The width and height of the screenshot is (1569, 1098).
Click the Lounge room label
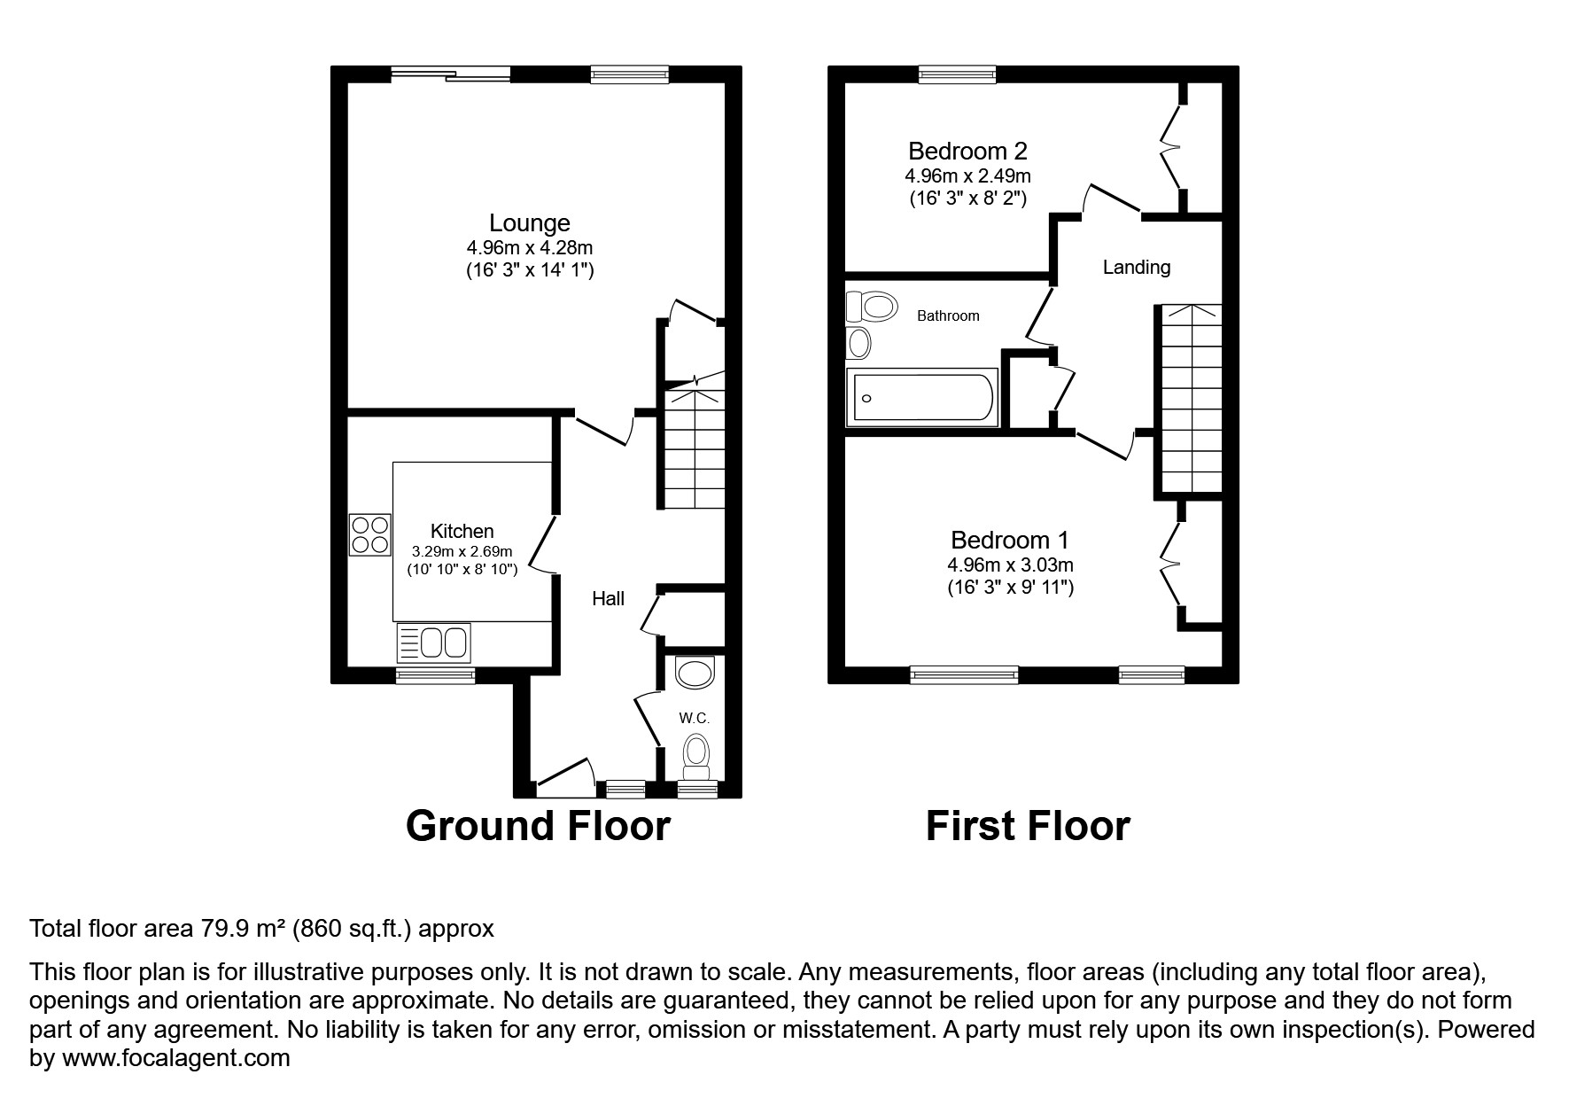click(530, 223)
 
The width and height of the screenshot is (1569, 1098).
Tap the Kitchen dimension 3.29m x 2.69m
click(462, 550)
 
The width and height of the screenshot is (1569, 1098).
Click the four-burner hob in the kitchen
click(370, 534)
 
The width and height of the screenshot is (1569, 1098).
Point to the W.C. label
click(695, 718)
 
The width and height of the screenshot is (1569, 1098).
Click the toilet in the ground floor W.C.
click(696, 755)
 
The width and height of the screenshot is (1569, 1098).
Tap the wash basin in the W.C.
click(694, 673)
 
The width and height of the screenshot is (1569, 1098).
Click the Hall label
click(608, 599)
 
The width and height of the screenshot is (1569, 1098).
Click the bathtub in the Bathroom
click(922, 398)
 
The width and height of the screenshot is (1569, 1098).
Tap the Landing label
click(1136, 267)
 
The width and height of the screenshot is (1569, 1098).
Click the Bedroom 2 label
click(967, 151)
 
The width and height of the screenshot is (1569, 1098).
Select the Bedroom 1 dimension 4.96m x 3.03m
click(1010, 565)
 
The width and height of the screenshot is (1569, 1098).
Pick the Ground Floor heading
click(538, 826)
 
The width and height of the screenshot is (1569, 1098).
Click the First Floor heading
click(1028, 826)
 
